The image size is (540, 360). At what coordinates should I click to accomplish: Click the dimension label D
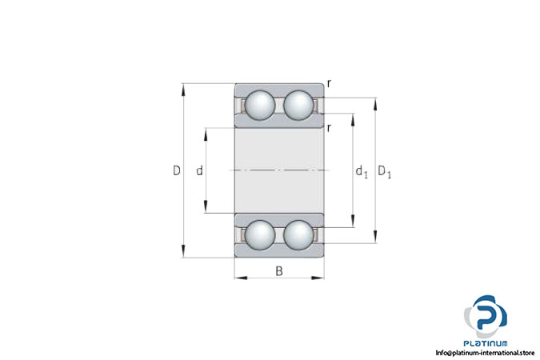(176, 170)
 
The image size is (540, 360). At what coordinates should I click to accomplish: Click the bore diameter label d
(199, 170)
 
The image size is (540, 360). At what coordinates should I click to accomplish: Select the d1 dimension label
(362, 171)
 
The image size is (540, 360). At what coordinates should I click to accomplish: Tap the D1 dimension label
(384, 171)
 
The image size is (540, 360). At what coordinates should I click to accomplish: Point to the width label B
(279, 271)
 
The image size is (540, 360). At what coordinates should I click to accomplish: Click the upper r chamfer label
(330, 83)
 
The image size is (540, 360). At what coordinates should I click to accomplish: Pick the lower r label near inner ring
(330, 128)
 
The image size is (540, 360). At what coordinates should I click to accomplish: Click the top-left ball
(260, 105)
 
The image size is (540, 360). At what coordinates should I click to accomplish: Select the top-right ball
(298, 105)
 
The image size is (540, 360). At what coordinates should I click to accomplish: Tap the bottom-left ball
(260, 235)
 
